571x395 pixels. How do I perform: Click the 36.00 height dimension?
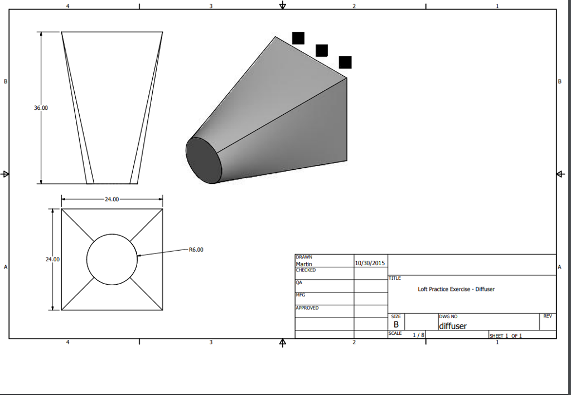point(41,108)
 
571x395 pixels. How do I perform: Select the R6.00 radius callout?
point(196,250)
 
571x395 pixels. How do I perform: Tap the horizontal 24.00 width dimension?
point(112,199)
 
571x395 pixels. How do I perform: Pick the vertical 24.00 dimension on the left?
point(52,260)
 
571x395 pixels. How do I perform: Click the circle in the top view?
point(112,260)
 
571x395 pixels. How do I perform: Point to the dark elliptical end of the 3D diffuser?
point(204,160)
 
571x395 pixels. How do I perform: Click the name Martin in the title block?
point(304,264)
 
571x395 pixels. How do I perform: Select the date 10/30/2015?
point(370,262)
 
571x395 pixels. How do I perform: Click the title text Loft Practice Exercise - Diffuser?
point(456,289)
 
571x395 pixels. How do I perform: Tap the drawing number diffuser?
point(453,326)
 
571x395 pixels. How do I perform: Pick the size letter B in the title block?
point(396,324)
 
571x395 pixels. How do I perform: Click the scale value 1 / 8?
point(418,335)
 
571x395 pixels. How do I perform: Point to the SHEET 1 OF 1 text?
point(505,335)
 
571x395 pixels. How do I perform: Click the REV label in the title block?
point(548,316)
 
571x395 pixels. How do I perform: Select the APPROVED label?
point(307,308)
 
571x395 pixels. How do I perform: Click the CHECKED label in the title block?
point(306,270)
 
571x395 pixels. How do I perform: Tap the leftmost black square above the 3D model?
point(298,38)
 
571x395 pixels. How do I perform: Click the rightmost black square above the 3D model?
point(345,62)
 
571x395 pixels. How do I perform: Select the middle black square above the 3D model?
point(322,50)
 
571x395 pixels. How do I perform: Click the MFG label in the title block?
point(300,295)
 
